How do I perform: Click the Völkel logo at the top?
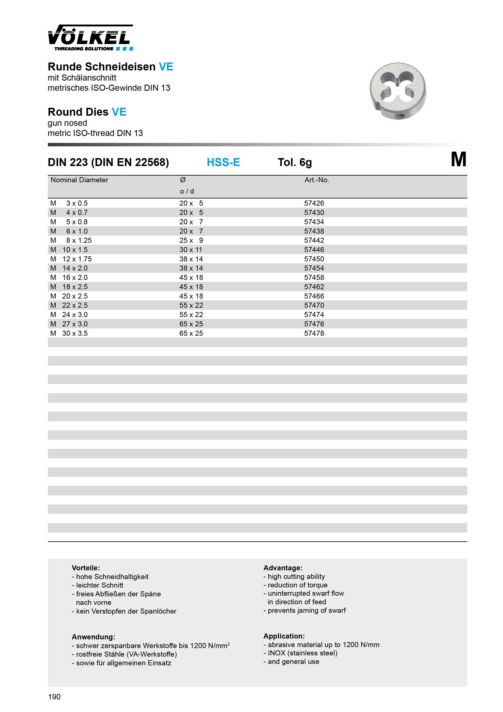coord(90,38)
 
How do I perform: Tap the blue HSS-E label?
coord(223,162)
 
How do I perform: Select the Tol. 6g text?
coord(294,162)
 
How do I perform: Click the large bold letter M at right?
coord(458,160)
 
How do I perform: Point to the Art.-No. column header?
coord(316,180)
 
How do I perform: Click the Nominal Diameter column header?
coord(79,180)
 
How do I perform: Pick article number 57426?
coord(314,203)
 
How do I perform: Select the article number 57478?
coord(314,333)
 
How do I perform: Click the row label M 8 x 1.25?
coord(71,240)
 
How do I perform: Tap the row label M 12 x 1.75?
coord(71,259)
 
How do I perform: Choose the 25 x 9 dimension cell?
coord(191,240)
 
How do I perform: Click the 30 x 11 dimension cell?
coord(191,250)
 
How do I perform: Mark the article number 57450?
coord(314,259)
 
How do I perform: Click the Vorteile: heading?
coord(86,568)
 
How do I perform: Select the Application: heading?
coord(284,636)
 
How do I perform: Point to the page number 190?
coord(54,697)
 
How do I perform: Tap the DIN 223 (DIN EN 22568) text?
coord(108,162)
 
